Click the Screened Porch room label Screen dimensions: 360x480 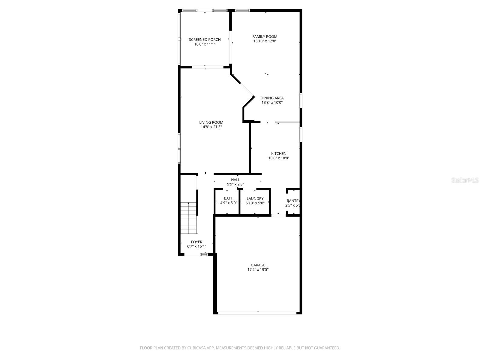(x=205, y=40)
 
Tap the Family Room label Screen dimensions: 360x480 (x=265, y=37)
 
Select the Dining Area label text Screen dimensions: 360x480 (x=272, y=98)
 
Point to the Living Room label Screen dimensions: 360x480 (x=211, y=122)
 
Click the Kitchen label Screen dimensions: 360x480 (x=279, y=154)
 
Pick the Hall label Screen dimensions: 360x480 (x=235, y=180)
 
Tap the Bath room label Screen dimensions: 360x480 (x=229, y=198)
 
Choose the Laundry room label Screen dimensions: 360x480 (x=255, y=199)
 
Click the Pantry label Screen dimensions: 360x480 (x=293, y=201)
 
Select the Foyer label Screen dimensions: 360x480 (x=196, y=242)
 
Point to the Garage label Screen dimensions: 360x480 (x=258, y=265)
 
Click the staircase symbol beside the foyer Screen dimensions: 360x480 (x=188, y=218)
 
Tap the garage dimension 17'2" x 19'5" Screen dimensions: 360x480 (x=258, y=269)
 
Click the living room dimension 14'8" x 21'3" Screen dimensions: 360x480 (x=211, y=127)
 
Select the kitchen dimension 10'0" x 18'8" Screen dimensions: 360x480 (x=279, y=158)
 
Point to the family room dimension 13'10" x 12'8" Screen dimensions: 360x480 (x=265, y=41)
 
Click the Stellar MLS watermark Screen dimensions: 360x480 (x=465, y=180)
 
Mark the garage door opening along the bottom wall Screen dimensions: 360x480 (x=257, y=313)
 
